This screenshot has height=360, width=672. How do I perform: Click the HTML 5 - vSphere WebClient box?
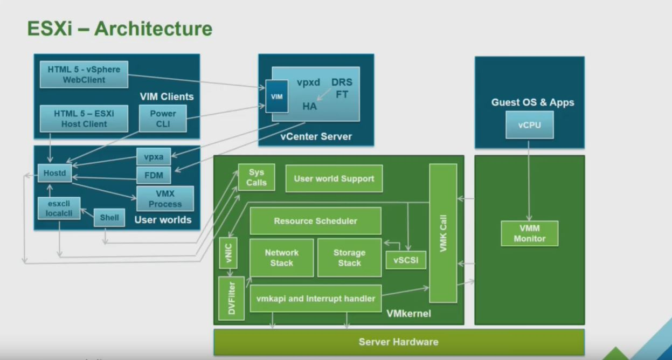[84, 74]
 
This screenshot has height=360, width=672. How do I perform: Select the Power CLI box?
[163, 119]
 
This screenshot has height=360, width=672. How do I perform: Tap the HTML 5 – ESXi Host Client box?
[84, 119]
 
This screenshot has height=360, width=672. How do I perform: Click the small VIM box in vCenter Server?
[276, 97]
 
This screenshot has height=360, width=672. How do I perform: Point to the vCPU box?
[529, 125]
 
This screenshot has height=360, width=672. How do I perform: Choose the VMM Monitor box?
[529, 233]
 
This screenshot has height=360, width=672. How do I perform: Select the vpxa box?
[153, 157]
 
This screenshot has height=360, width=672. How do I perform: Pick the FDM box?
[153, 175]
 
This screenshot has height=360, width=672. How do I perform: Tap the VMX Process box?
[165, 199]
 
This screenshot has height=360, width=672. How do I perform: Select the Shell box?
[109, 218]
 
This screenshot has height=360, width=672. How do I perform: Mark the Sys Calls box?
[257, 177]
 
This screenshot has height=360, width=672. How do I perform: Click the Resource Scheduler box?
[315, 221]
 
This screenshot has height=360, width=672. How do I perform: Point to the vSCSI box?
[406, 260]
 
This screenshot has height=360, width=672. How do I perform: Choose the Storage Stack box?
[349, 258]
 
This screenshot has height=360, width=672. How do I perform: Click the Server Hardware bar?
[398, 342]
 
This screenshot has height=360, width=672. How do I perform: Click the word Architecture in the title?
[153, 29]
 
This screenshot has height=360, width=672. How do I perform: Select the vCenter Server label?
[316, 136]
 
